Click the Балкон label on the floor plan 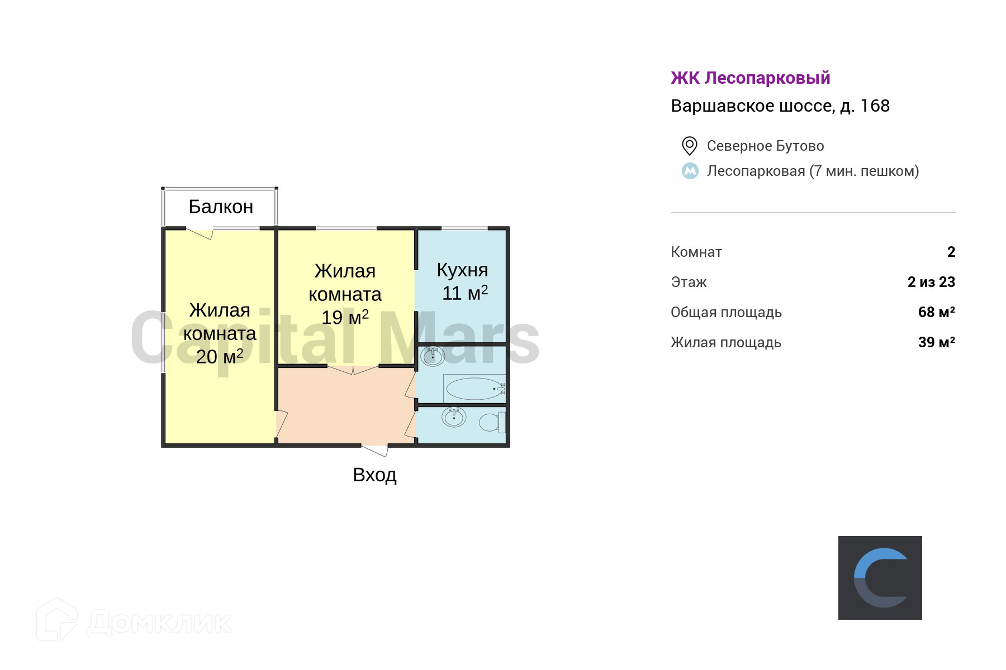[221, 207]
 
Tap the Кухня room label [462, 270]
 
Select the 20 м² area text [220, 356]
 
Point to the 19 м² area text [345, 317]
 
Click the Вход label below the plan [374, 475]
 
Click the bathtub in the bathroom [475, 389]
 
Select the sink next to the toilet [454, 417]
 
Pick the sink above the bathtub [432, 356]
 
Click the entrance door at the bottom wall [374, 449]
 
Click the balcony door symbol [200, 233]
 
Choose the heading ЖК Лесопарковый [750, 78]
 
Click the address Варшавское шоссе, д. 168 [780, 106]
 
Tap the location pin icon [690, 146]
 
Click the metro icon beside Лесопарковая [690, 171]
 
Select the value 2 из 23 [931, 282]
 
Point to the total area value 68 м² [936, 312]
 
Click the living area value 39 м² [936, 342]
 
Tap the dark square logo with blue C [880, 578]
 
